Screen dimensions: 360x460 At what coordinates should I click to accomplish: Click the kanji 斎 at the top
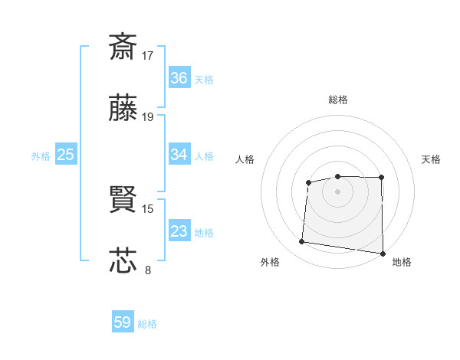[123, 47]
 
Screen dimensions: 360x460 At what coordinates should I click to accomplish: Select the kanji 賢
[123, 200]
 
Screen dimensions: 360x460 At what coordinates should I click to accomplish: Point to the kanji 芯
[123, 260]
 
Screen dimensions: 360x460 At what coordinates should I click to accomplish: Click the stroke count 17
[149, 55]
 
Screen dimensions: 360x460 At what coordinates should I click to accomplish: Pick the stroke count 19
[149, 117]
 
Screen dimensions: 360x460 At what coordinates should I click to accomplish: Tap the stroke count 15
[149, 208]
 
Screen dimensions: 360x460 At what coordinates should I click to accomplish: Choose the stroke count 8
[148, 269]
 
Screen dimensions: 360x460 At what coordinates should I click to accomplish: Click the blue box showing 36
[179, 78]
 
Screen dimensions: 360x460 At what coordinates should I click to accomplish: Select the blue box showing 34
[179, 155]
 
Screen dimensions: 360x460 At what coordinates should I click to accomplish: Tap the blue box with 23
[179, 231]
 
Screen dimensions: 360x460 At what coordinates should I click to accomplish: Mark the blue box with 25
[65, 155]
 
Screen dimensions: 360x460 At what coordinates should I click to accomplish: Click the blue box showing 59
[123, 322]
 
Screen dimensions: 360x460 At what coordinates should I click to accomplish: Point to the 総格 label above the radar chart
[338, 100]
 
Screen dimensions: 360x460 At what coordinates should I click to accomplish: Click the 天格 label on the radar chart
[431, 159]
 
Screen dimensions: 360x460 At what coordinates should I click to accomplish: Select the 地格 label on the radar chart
[402, 262]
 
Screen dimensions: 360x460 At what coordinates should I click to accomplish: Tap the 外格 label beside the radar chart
[270, 262]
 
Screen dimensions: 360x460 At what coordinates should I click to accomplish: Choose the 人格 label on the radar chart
[245, 159]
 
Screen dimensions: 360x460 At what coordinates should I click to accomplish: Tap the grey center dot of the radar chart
[338, 191]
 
